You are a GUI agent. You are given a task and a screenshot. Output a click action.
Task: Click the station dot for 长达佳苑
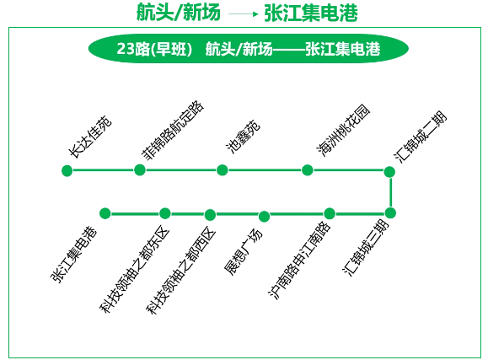[x=67, y=170]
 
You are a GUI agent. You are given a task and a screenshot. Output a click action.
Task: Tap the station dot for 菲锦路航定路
[x=140, y=169]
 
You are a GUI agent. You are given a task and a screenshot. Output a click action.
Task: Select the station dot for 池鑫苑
[x=222, y=170]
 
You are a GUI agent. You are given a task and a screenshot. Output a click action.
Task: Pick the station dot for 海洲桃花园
[x=307, y=170]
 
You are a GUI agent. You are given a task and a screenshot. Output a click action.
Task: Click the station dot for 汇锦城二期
[x=389, y=172]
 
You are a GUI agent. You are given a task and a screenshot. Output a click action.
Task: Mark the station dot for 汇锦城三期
[x=390, y=213]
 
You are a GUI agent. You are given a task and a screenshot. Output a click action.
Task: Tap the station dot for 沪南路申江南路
[x=330, y=213]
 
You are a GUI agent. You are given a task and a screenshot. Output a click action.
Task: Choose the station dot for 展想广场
[x=264, y=216]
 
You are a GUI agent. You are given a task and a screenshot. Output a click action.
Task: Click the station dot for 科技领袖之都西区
[x=210, y=215]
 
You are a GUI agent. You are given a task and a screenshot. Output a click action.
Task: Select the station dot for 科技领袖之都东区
[x=164, y=213]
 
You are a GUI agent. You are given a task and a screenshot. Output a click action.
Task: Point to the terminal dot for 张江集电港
[x=105, y=213]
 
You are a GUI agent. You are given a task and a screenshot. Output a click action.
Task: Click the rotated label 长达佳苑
[x=90, y=137]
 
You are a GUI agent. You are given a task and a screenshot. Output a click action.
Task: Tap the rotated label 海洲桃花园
[x=343, y=130]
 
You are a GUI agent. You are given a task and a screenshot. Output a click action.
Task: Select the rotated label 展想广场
[x=244, y=252]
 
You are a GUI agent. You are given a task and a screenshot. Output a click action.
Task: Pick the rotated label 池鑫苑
[x=243, y=136]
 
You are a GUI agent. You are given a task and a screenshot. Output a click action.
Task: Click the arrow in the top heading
[x=244, y=13]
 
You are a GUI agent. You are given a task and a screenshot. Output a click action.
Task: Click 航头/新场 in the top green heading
[x=179, y=13]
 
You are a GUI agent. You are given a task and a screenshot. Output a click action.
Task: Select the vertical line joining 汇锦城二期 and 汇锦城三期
[x=390, y=192]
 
